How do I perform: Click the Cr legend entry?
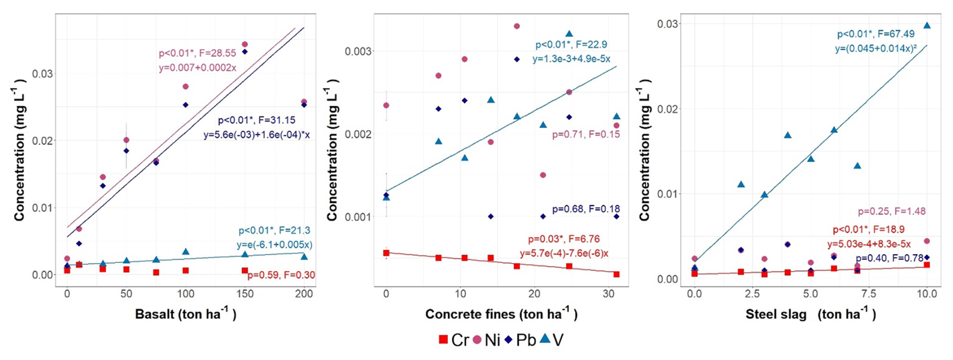[454, 340]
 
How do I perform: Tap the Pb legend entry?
[520, 340]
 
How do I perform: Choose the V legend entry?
[551, 340]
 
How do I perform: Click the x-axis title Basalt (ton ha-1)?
[185, 314]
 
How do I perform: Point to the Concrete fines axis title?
[501, 314]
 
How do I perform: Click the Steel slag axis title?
[810, 314]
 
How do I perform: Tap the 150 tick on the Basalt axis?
[245, 294]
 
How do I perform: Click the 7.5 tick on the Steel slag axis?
[868, 294]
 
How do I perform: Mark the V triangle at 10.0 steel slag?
[927, 25]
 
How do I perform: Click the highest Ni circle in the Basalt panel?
[245, 44]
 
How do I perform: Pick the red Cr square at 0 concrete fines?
[386, 253]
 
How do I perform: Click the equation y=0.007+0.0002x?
[197, 67]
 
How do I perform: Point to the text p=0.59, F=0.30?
[281, 275]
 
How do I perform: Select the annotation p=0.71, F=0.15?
[586, 134]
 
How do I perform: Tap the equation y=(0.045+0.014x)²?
[875, 49]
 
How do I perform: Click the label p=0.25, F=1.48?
[892, 211]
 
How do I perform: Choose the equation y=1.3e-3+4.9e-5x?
[571, 59]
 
